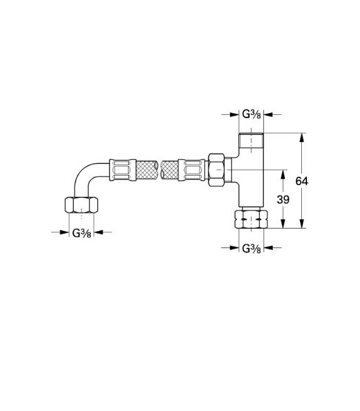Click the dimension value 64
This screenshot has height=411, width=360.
tap(302, 181)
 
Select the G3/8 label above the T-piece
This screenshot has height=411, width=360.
tap(252, 114)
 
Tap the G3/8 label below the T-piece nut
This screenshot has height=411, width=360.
tap(252, 248)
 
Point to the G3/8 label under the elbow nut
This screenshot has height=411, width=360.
tap(81, 232)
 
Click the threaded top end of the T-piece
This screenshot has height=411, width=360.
tap(252, 140)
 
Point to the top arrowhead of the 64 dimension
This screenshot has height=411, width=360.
tap(302, 137)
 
